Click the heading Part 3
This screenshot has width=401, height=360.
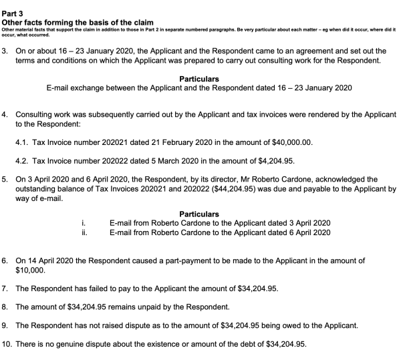pyautogui.click(x=13, y=5)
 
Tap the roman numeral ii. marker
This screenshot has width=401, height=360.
pyautogui.click(x=84, y=232)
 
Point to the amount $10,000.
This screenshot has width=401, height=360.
pyautogui.click(x=29, y=270)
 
